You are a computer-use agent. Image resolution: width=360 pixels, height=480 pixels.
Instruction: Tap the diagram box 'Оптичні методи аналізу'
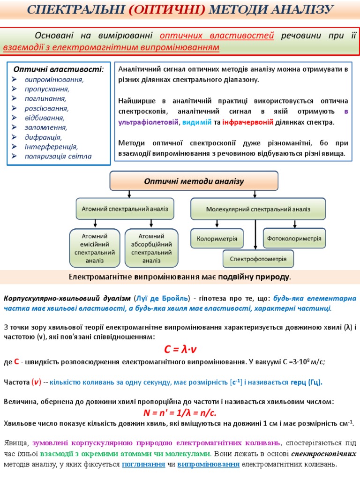coord(194,181)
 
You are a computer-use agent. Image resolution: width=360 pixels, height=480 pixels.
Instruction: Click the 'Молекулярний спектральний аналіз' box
coord(258,209)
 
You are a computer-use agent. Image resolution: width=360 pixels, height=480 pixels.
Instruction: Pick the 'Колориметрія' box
coord(217,239)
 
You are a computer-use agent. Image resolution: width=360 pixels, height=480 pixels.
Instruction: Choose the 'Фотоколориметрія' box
coord(294,238)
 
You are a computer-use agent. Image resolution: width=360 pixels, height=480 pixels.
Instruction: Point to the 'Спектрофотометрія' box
coord(258,258)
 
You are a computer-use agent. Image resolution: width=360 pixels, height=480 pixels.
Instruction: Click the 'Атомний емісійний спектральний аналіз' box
coord(95,248)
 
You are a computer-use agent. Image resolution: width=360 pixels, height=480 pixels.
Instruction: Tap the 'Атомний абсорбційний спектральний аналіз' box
coord(151,248)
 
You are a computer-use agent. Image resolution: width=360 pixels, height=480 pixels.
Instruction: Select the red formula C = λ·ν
coord(180,350)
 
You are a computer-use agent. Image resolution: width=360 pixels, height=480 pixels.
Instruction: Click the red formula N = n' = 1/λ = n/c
coord(180,413)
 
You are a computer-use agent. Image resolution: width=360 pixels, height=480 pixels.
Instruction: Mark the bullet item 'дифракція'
coord(43,137)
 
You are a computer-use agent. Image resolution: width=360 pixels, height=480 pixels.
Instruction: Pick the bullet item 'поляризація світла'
coord(58,156)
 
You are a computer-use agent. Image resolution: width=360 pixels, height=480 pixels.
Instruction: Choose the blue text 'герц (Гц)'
coord(307,382)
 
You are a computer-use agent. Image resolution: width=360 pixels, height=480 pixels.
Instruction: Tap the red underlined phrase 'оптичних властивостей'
coord(217,36)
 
